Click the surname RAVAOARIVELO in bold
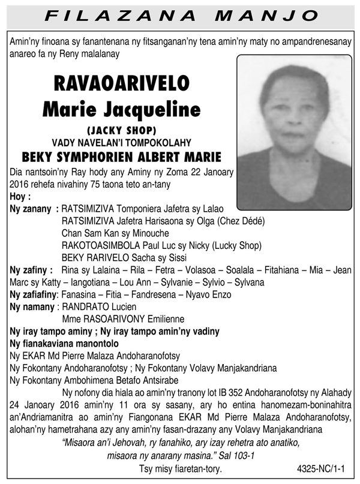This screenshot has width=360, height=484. pyautogui.click(x=122, y=82)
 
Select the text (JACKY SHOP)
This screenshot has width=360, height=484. pyautogui.click(x=122, y=130)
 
